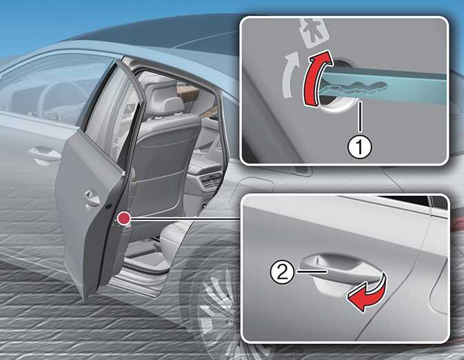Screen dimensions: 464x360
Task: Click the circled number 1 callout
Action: point(359,146)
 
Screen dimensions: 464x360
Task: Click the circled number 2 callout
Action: point(282,272)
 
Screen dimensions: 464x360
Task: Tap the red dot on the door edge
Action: point(123,219)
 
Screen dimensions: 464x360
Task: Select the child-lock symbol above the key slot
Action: point(314,32)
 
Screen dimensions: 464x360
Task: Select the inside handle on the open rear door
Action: point(91,197)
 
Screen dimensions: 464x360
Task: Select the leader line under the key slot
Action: point(359,117)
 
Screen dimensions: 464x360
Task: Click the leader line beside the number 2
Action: point(312,270)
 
